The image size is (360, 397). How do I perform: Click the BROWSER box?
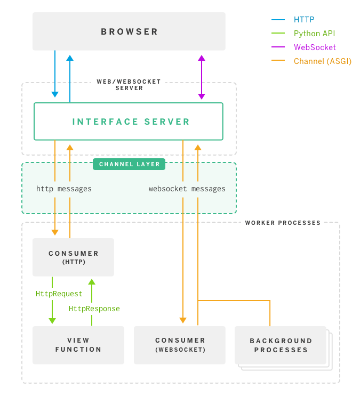tap(129, 31)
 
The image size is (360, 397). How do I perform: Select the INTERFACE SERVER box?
tap(129, 121)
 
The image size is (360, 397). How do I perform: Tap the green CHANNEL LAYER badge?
tap(129, 164)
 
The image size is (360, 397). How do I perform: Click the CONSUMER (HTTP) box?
tap(74, 257)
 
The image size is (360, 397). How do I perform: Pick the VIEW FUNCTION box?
tap(78, 345)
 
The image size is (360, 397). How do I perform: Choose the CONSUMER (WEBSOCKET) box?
tap(180, 345)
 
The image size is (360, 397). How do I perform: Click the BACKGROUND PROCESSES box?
tap(281, 345)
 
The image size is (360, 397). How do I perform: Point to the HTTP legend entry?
tap(304, 20)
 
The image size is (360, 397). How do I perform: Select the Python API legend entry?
tap(314, 34)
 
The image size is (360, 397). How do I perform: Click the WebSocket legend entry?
tap(315, 47)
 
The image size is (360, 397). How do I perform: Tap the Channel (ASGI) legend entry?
tap(322, 61)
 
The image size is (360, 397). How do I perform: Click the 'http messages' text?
tap(64, 189)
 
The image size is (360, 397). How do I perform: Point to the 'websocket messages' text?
tap(187, 189)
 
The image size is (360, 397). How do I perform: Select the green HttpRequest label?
tap(59, 294)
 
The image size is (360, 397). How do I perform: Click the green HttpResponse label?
tap(94, 309)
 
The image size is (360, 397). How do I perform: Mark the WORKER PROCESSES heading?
tap(283, 223)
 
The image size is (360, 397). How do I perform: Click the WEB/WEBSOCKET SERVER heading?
tap(129, 85)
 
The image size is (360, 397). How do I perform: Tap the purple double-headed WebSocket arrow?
tap(202, 77)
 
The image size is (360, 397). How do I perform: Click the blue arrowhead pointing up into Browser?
tap(70, 58)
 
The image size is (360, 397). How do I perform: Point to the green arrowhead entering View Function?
tap(52, 320)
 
